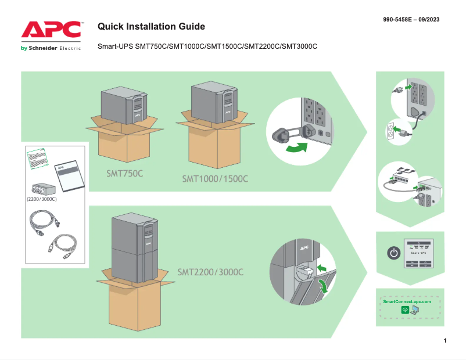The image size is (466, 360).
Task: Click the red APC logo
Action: point(51,30)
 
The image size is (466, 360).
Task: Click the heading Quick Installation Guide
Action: point(151,27)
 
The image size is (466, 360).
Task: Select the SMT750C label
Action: point(124,173)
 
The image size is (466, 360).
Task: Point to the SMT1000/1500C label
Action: point(215,178)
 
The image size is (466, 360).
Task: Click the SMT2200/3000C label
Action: point(210,272)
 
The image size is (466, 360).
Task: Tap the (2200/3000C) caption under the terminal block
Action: point(42,199)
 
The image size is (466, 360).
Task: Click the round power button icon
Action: point(393,253)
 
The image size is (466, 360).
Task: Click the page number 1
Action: point(445,340)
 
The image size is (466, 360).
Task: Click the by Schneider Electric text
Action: point(51,48)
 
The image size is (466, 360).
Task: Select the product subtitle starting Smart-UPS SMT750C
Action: point(207,46)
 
